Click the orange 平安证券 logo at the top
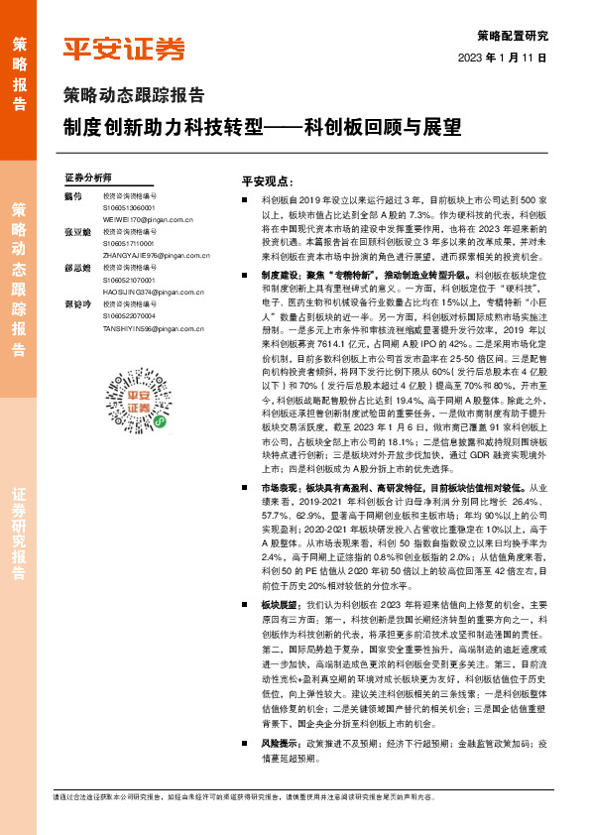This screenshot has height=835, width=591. pyautogui.click(x=124, y=49)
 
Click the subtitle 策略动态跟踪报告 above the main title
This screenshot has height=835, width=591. pyautogui.click(x=134, y=97)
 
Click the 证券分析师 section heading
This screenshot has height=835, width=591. pyautogui.click(x=88, y=178)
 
